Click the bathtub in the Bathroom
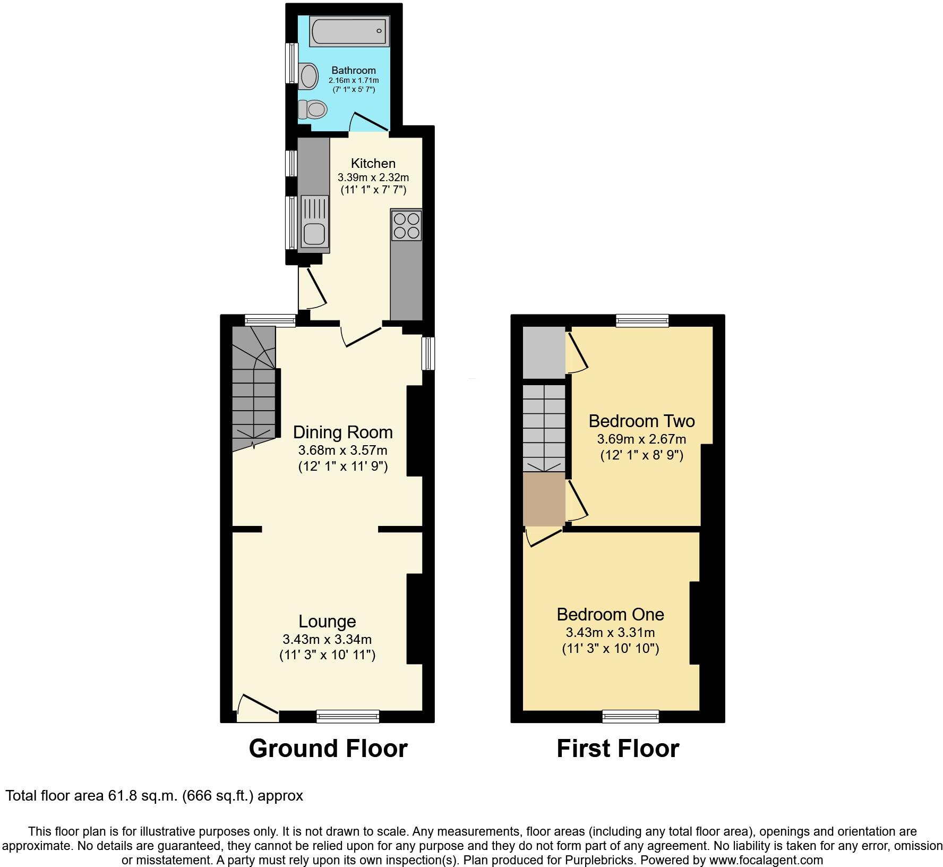pos(349,31)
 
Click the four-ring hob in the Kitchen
pos(407,225)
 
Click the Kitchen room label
pos(373,163)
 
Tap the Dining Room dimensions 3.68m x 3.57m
pos(342,451)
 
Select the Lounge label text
pos(327,621)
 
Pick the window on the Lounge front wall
pos(348,717)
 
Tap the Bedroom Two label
pos(641,421)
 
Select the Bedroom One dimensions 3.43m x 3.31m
pos(610,633)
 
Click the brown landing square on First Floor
pos(544,499)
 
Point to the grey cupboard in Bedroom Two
pos(544,353)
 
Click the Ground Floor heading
pos(328,749)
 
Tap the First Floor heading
pos(618,749)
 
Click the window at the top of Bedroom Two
pos(642,320)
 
